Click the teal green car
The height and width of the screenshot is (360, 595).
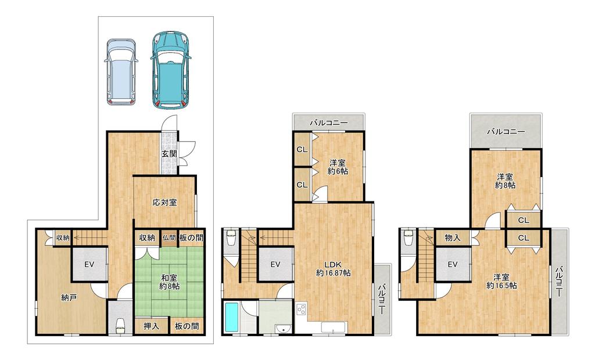coord(170,71)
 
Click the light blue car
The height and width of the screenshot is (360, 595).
coord(121,71)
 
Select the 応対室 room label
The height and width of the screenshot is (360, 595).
coord(164,202)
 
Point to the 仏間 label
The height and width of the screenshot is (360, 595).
coord(169,238)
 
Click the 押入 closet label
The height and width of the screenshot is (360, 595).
coord(151,326)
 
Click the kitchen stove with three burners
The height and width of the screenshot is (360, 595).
coord(302,309)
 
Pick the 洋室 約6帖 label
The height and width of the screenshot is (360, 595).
coord(338,167)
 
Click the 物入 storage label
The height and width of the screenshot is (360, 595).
coord(452,238)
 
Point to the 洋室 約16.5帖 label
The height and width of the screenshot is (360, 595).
coord(501,281)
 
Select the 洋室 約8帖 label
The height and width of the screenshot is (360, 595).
coord(505,181)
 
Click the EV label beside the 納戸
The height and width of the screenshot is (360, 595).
coord(89,264)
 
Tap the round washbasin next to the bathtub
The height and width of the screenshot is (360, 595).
coord(282,328)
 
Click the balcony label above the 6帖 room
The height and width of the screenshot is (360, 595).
coord(328,123)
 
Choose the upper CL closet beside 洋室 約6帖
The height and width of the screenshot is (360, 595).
coord(302,150)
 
